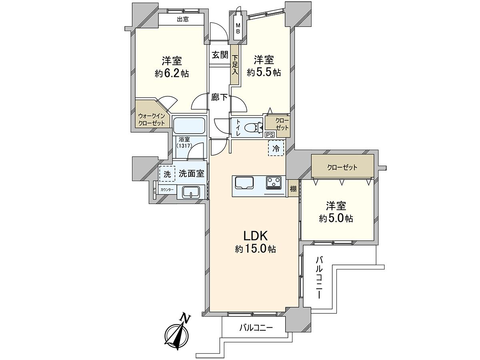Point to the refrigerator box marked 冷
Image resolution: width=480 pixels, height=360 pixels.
276,148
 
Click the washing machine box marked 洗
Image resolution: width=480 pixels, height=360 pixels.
167,174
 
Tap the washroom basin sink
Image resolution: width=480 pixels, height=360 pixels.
191,192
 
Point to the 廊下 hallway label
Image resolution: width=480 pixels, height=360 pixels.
219,97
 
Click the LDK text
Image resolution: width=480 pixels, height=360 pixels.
256,236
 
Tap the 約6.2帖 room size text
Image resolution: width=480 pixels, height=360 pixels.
172,74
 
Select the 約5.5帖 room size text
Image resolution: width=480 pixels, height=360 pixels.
264,72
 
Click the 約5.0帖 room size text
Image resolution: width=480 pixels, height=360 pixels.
336,218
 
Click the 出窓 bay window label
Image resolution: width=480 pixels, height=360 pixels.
182,19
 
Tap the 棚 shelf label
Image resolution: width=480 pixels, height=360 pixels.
293,188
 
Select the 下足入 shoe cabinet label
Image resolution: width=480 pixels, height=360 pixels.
235,65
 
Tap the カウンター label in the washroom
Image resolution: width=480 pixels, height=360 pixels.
167,190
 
